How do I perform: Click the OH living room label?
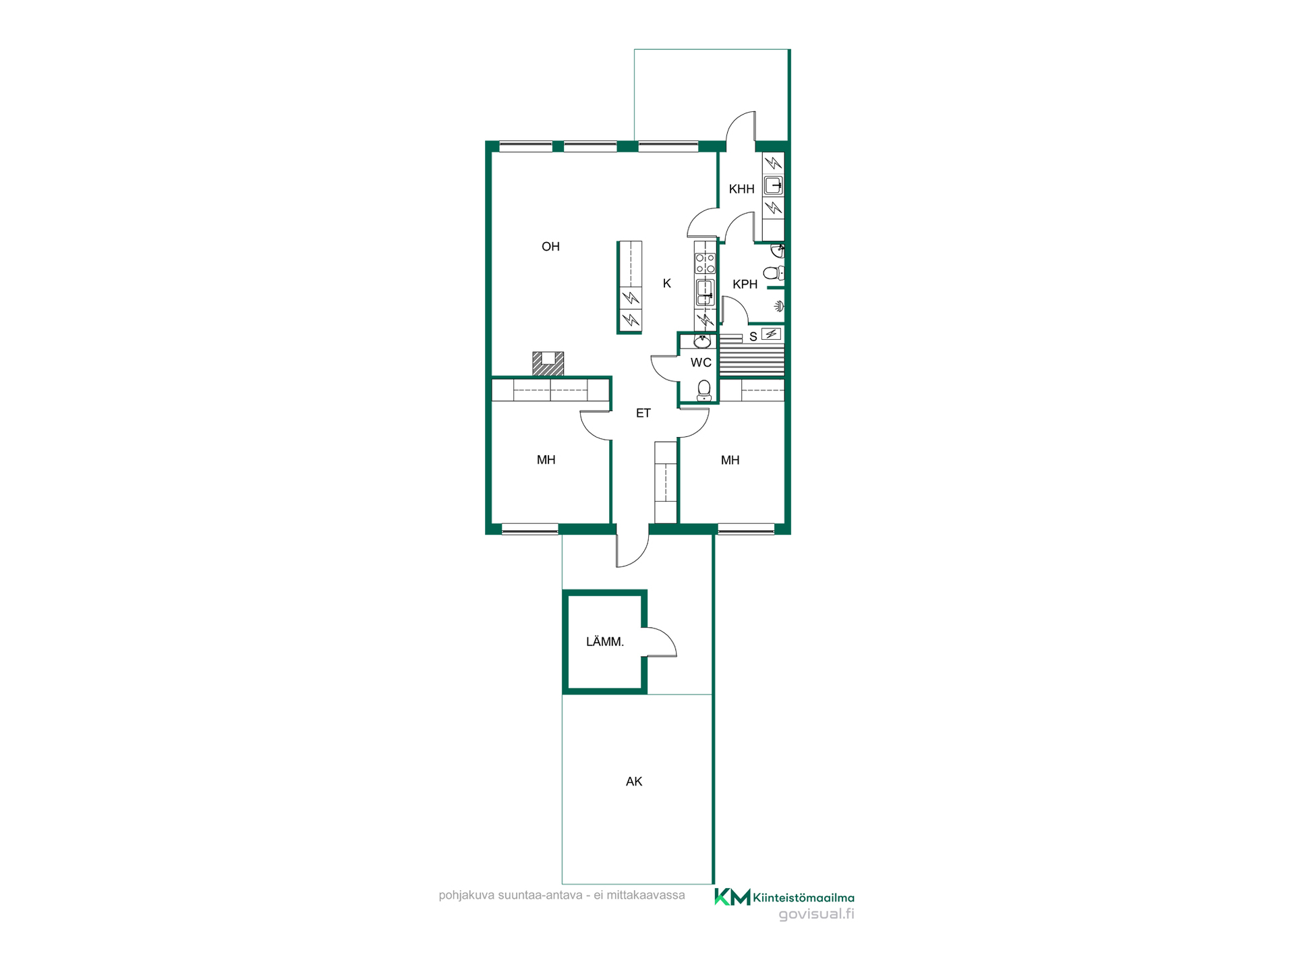(550, 247)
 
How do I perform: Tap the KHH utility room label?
(741, 189)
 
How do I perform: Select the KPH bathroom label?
(745, 285)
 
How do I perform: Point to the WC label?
(701, 363)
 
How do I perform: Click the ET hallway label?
(643, 413)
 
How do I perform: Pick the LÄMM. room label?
(605, 642)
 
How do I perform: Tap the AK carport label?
(634, 782)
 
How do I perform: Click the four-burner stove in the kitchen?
(705, 263)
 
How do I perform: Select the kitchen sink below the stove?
(705, 291)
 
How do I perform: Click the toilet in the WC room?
(704, 390)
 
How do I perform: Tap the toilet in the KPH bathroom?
(774, 273)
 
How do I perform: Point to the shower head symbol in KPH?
(779, 307)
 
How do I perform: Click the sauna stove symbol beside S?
(771, 334)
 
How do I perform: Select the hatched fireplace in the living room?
(548, 363)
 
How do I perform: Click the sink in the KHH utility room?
(773, 185)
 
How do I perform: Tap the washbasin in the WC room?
(701, 341)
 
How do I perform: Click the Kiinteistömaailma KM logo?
(732, 897)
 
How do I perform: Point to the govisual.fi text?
(816, 914)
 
